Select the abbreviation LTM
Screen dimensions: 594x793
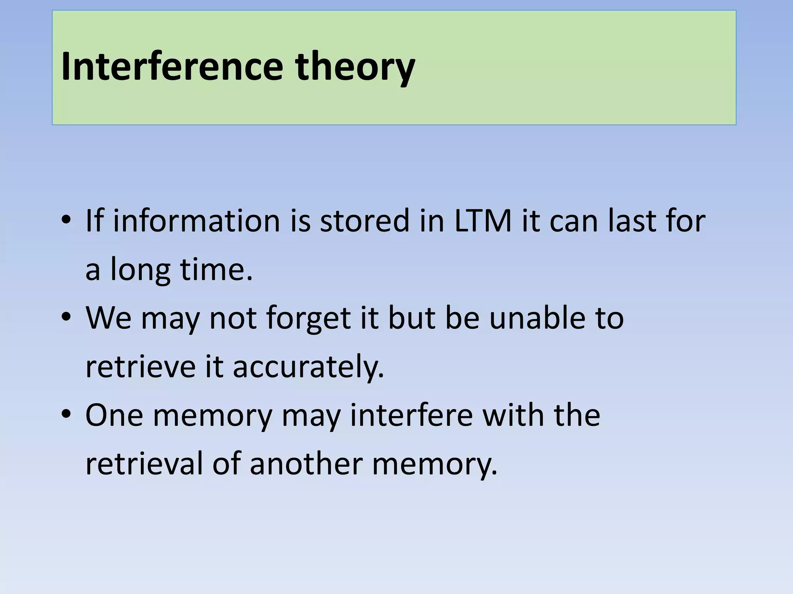tap(483, 221)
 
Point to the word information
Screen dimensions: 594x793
tap(196, 221)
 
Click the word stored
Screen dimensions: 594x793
tap(364, 221)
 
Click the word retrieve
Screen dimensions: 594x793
tap(141, 366)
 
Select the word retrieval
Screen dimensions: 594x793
tap(144, 463)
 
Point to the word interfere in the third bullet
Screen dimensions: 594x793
tap(412, 415)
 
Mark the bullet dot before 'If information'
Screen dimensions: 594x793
tap(66, 220)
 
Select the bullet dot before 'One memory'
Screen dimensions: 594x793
tap(66, 415)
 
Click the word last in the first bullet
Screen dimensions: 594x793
tap(627, 221)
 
